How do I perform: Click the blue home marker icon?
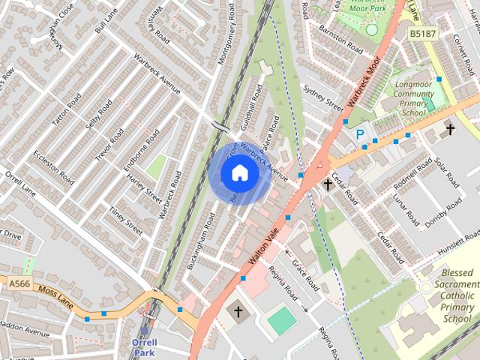click(x=239, y=173)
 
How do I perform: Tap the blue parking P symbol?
click(x=360, y=135)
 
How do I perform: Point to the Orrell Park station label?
click(x=144, y=346)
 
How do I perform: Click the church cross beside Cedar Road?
click(x=328, y=184)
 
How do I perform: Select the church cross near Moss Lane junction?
click(x=238, y=310)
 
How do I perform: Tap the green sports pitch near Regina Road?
click(x=282, y=320)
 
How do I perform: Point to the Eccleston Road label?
click(x=53, y=167)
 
